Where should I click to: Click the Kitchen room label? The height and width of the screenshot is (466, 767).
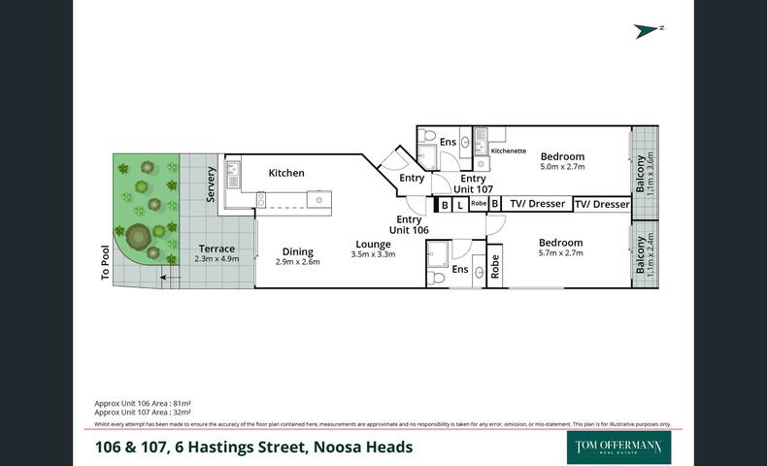click(286, 173)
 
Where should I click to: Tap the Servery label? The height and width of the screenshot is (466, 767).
click(212, 183)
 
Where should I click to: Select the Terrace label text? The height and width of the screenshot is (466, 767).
click(216, 249)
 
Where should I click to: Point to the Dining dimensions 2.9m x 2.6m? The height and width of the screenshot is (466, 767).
click(297, 262)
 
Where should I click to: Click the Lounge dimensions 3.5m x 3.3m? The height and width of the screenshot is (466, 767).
click(373, 254)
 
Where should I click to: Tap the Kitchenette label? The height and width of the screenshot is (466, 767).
click(509, 151)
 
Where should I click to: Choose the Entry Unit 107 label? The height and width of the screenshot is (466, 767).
click(473, 184)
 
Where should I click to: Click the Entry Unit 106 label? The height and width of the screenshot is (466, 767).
click(409, 224)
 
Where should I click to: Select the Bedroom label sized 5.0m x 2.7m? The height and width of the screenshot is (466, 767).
click(562, 156)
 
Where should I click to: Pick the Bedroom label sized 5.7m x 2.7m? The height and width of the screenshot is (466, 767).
click(561, 243)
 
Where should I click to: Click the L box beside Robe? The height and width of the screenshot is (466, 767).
click(459, 205)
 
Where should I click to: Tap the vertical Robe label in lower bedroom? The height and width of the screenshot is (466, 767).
click(494, 267)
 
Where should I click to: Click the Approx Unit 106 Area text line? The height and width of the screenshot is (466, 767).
click(142, 402)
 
